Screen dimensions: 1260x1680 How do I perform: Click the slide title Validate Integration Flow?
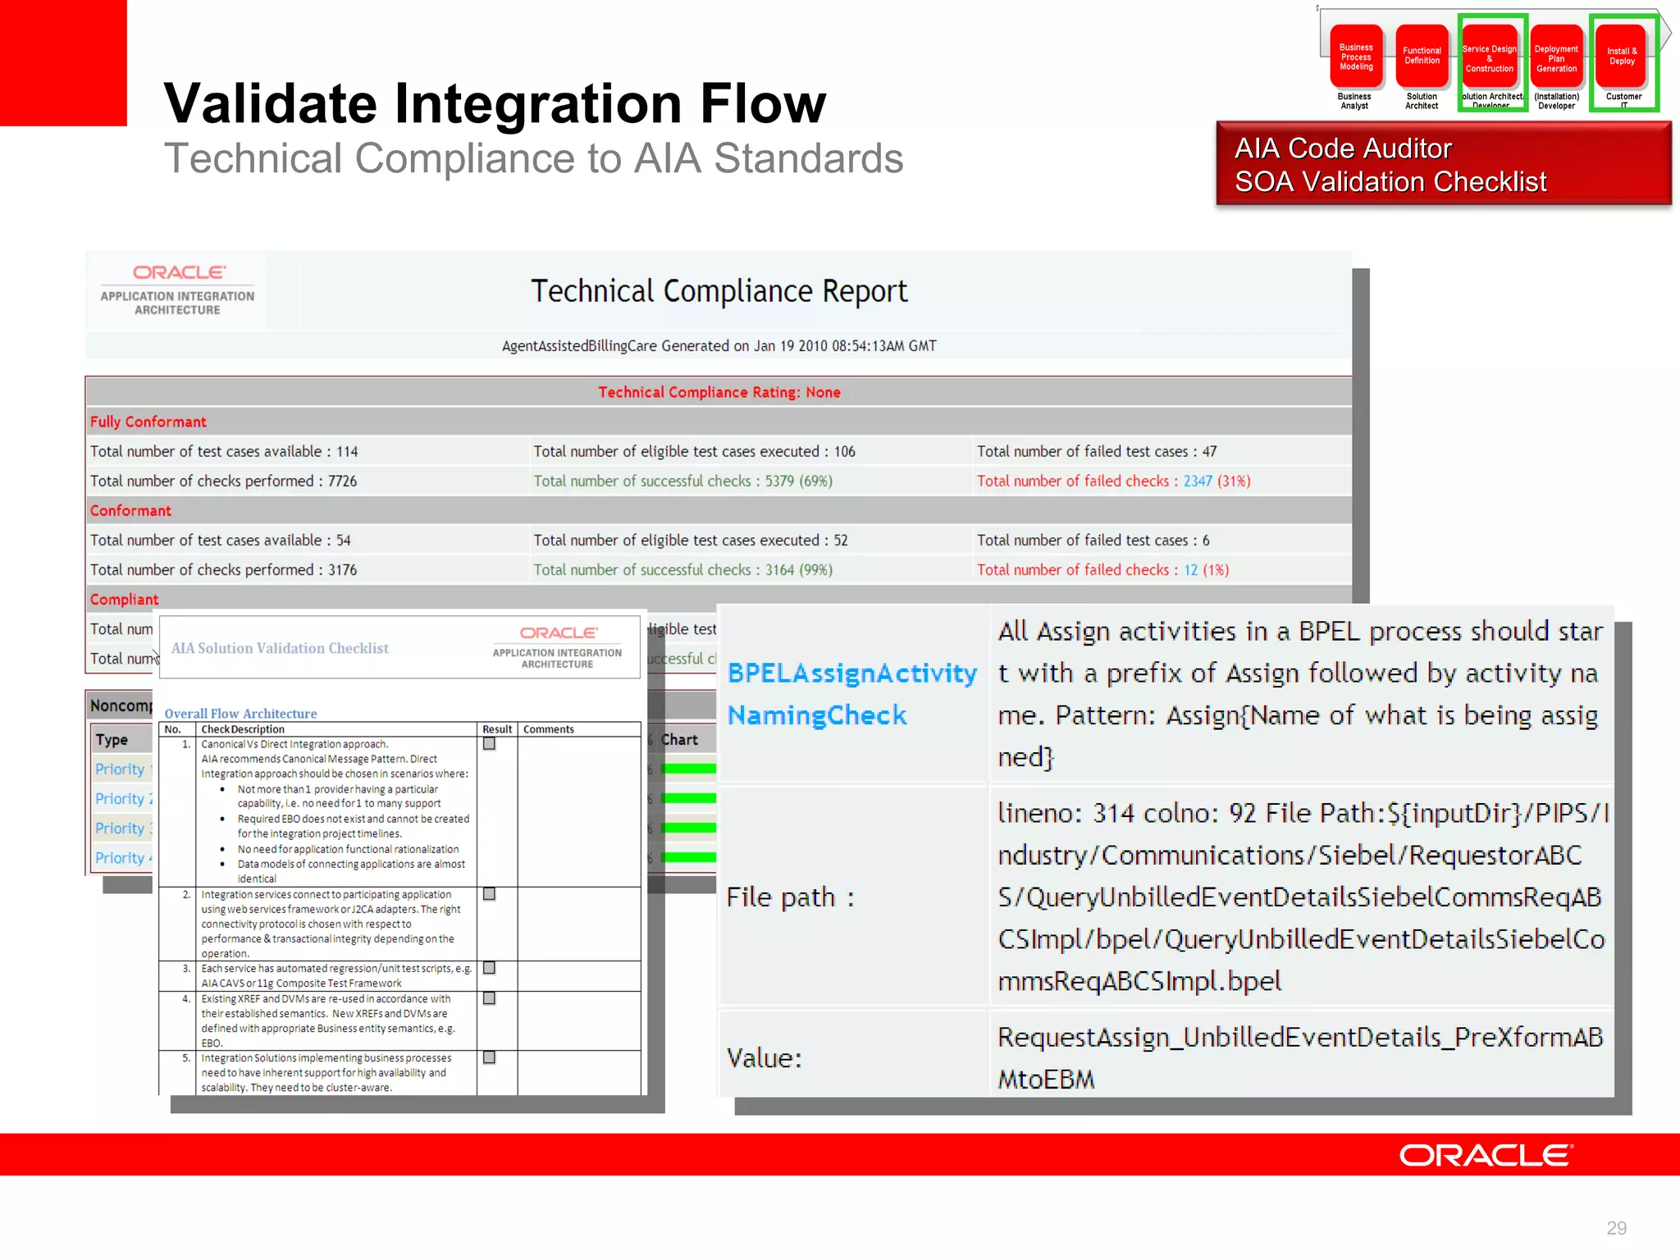click(495, 104)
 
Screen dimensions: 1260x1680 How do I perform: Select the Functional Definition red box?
click(1422, 57)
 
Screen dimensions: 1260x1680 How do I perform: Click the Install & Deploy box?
click(1622, 57)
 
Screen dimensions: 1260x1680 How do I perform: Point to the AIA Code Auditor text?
click(1343, 148)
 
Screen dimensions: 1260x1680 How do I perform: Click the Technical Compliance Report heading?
click(719, 291)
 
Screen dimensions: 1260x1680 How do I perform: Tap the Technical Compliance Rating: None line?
click(719, 392)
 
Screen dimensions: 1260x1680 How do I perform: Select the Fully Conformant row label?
click(148, 422)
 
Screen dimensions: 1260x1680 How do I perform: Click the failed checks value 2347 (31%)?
click(1217, 482)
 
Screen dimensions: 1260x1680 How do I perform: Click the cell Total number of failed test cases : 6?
click(1093, 541)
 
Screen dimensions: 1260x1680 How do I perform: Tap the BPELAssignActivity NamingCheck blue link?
click(851, 694)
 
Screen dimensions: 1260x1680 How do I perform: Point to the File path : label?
click(790, 897)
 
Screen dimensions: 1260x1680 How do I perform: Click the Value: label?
click(764, 1058)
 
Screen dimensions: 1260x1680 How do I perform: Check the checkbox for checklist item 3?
click(489, 968)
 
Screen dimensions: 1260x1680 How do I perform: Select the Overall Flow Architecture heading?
click(240, 714)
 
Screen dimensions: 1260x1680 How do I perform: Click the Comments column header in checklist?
click(548, 729)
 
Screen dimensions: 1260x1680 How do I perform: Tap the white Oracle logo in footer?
click(1485, 1156)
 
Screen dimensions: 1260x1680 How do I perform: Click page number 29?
click(1616, 1228)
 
